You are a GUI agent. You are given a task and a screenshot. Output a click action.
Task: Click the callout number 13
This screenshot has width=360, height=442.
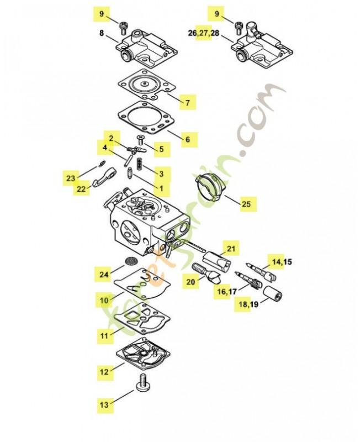[x=104, y=405]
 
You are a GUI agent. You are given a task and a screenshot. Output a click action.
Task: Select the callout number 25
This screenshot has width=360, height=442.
[x=246, y=204]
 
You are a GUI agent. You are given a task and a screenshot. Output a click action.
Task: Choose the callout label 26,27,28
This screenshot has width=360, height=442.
[x=203, y=34]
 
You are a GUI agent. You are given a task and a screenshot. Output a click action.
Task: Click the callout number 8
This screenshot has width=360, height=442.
[x=102, y=33]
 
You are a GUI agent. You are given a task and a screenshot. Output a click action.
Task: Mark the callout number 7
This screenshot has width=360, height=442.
[x=187, y=103]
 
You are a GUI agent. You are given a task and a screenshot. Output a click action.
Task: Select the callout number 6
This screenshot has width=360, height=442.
[x=187, y=139]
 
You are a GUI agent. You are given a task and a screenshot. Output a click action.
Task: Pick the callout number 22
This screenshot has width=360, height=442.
[x=82, y=189]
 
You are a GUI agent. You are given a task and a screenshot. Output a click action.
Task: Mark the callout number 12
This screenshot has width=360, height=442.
[x=104, y=372]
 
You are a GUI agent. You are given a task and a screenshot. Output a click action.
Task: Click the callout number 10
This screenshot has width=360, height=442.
[x=104, y=301]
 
